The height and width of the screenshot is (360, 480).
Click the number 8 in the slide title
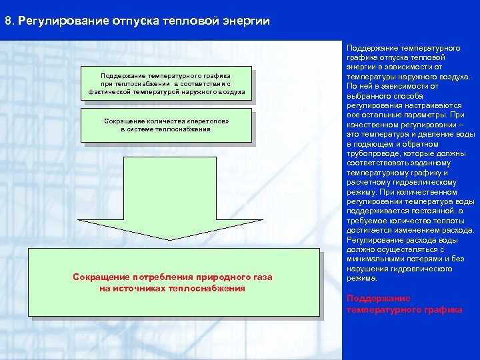click(x=7, y=21)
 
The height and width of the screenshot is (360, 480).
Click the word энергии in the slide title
click(x=245, y=21)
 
